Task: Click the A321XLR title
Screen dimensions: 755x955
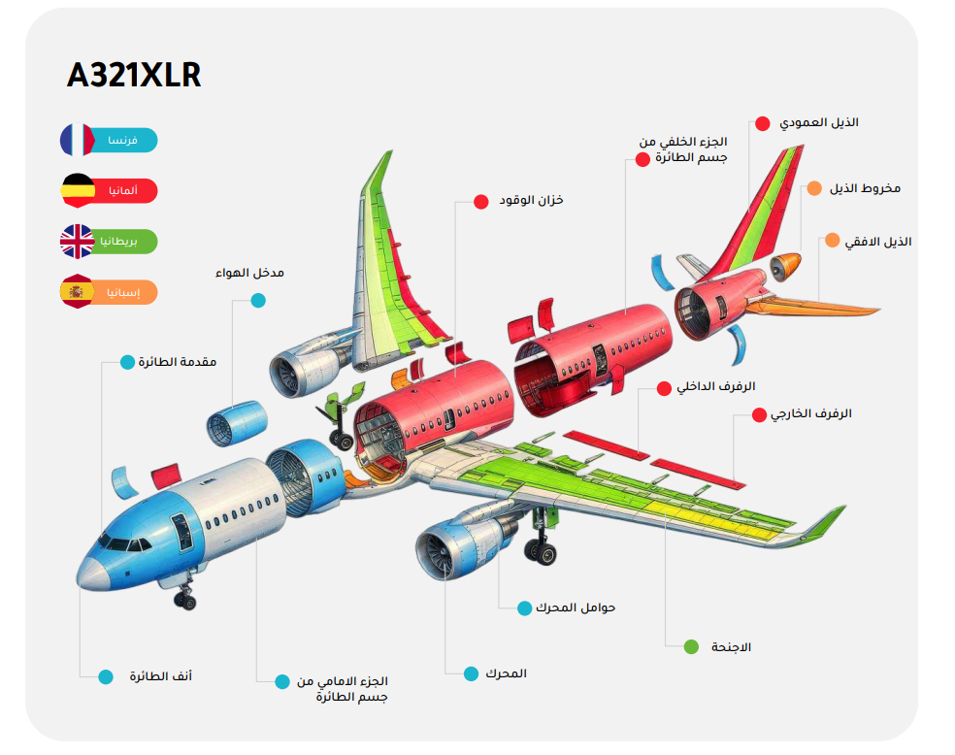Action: pyautogui.click(x=134, y=76)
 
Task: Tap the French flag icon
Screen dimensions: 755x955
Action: pyautogui.click(x=77, y=140)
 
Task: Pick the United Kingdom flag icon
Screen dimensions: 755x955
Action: pyautogui.click(x=77, y=241)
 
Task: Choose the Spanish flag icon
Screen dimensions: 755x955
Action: pyautogui.click(x=77, y=291)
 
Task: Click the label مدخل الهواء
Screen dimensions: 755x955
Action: pyautogui.click(x=249, y=273)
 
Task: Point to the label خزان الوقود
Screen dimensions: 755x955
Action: pyautogui.click(x=531, y=200)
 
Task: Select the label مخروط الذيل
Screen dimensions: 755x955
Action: pyautogui.click(x=865, y=187)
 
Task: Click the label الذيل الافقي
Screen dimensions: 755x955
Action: pyautogui.click(x=878, y=241)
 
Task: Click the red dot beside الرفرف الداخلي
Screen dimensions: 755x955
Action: pyautogui.click(x=664, y=388)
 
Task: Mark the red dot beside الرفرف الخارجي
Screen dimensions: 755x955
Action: pyautogui.click(x=759, y=414)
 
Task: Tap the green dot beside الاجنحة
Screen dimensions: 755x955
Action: pyautogui.click(x=691, y=646)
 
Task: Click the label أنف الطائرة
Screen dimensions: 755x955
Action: pyautogui.click(x=161, y=675)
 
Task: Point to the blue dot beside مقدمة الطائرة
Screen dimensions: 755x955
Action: pyautogui.click(x=127, y=362)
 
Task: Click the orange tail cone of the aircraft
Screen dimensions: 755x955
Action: pyautogui.click(x=786, y=264)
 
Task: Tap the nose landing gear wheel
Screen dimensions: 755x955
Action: pyautogui.click(x=184, y=600)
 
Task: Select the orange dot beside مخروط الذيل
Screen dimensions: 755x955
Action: pyautogui.click(x=813, y=188)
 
